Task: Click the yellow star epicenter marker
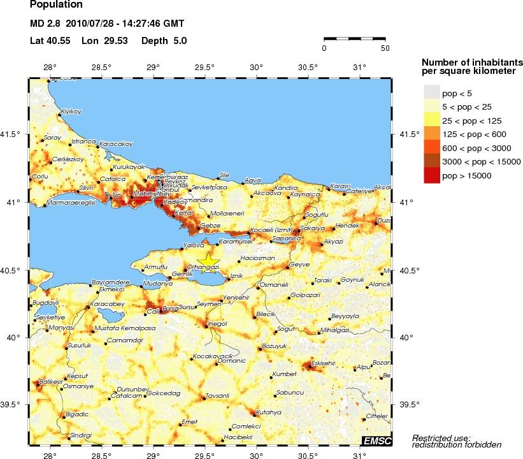pyautogui.click(x=206, y=262)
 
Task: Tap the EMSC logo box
pyautogui.click(x=376, y=441)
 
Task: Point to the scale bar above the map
pyautogui.click(x=354, y=39)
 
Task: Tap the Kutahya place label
pyautogui.click(x=268, y=412)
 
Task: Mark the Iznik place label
pyautogui.click(x=236, y=275)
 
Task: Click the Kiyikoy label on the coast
pyautogui.click(x=71, y=112)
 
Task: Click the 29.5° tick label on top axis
pyautogui.click(x=204, y=67)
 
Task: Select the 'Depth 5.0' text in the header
pyautogui.click(x=158, y=40)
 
